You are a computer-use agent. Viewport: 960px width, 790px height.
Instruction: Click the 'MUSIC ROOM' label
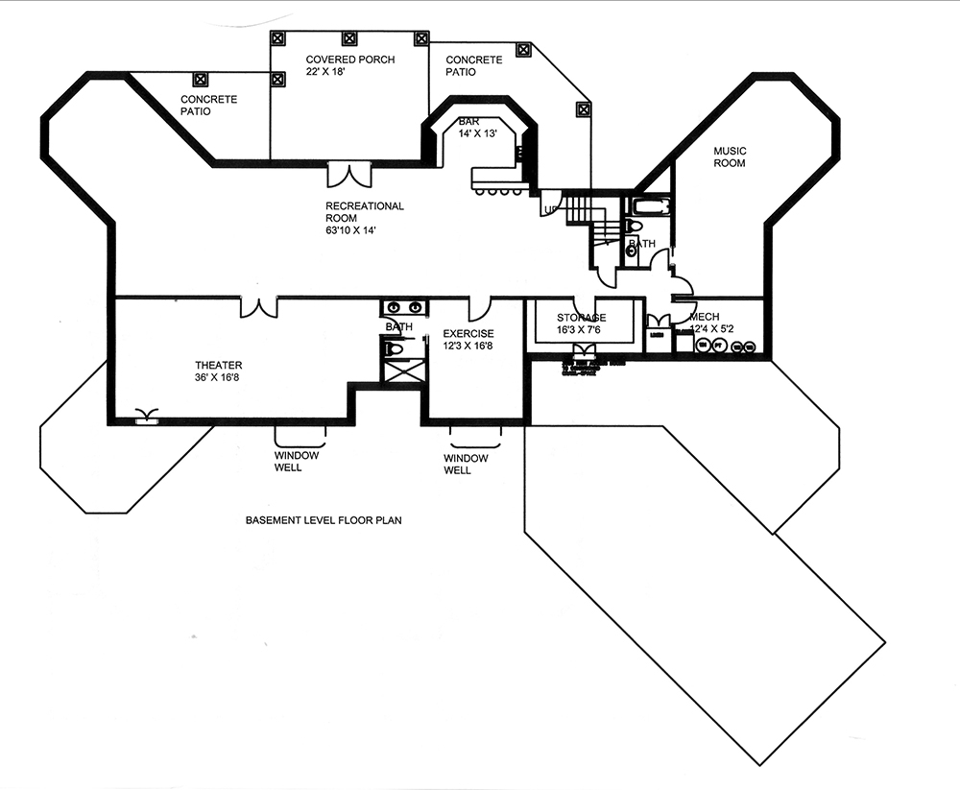tap(729, 156)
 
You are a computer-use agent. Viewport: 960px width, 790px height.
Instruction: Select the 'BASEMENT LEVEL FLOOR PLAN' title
tap(323, 521)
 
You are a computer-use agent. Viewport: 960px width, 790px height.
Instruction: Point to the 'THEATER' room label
tap(219, 365)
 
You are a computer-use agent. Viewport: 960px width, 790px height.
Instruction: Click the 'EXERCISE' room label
tap(468, 334)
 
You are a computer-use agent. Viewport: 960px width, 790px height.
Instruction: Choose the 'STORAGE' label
tap(582, 318)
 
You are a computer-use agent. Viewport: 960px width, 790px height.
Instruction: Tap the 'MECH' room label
tap(704, 317)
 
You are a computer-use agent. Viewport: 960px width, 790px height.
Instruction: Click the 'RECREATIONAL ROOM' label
tap(364, 212)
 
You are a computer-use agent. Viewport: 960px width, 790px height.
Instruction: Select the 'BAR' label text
tap(468, 122)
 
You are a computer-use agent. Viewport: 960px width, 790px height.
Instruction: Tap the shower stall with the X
tap(400, 371)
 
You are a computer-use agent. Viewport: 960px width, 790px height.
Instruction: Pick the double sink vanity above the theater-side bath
tap(403, 308)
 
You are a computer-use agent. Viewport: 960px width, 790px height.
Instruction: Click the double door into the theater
tap(258, 306)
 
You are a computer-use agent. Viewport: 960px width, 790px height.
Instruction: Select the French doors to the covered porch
tap(348, 175)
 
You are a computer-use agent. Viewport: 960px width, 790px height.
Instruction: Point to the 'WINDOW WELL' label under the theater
tap(288, 462)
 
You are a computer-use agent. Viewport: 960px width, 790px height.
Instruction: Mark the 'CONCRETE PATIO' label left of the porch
tap(208, 106)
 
